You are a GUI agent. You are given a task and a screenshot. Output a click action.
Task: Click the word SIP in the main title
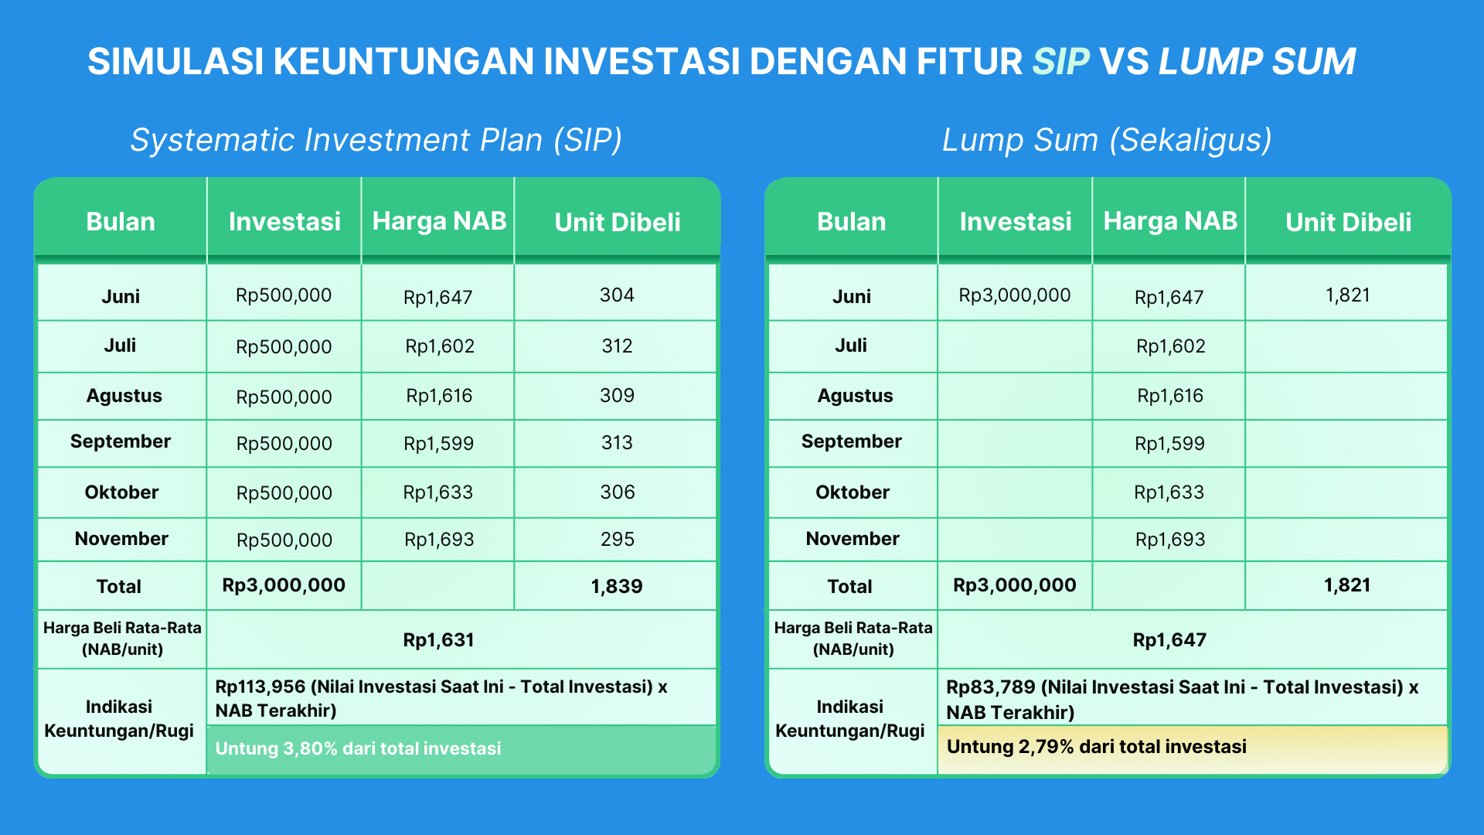point(1060,62)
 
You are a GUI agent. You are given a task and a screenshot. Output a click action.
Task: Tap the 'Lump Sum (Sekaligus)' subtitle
point(1107,140)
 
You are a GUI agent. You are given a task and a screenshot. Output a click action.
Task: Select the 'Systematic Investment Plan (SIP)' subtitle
point(376,140)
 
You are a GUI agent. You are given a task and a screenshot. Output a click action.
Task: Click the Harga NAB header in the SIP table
point(439,221)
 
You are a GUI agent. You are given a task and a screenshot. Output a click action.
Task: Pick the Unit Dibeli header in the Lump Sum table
point(1348,222)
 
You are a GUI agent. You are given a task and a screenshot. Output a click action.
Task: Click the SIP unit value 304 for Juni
point(617,295)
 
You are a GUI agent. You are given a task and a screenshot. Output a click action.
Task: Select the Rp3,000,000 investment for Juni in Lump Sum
point(1015,295)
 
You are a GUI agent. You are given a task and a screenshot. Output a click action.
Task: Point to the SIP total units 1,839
point(617,586)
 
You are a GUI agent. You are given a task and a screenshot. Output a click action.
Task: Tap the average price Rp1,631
point(438,640)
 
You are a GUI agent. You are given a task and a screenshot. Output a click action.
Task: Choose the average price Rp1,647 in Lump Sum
point(1169,640)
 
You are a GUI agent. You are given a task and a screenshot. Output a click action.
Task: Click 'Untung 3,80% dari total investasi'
point(358,748)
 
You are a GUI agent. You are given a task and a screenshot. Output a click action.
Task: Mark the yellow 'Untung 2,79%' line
point(1097,747)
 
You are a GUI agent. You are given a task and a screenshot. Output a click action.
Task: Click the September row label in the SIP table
point(121,441)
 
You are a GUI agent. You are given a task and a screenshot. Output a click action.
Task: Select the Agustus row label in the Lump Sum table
point(855,396)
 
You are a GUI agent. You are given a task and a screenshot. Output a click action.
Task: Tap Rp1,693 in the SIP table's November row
point(439,540)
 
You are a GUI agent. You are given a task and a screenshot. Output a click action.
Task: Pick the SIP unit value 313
point(617,442)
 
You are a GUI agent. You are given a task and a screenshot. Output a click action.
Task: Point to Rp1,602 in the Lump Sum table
point(1170,346)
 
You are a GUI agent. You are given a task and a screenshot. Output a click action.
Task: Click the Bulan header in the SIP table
point(121,222)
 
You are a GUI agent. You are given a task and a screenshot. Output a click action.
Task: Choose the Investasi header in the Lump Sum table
point(1016,222)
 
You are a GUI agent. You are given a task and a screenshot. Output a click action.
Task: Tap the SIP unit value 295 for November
point(618,539)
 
